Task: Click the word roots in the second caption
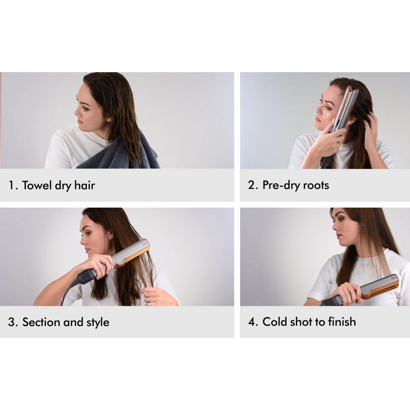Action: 316,185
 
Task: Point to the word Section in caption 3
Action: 41,322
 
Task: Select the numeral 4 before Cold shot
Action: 252,322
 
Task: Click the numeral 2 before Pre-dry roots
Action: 251,185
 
